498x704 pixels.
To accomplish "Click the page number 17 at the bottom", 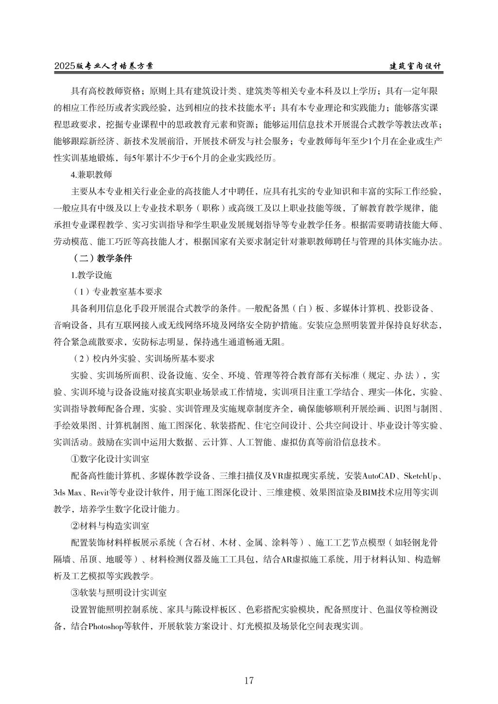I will pyautogui.click(x=249, y=680).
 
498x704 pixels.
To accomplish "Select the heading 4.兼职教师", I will pyautogui.click(x=91, y=175).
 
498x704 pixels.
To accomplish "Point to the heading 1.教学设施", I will pyautogui.click(x=91, y=275).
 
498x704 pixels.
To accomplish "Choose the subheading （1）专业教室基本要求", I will pyautogui.click(x=116, y=292).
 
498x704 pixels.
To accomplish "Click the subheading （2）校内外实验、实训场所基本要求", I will pyautogui.click(x=142, y=359).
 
